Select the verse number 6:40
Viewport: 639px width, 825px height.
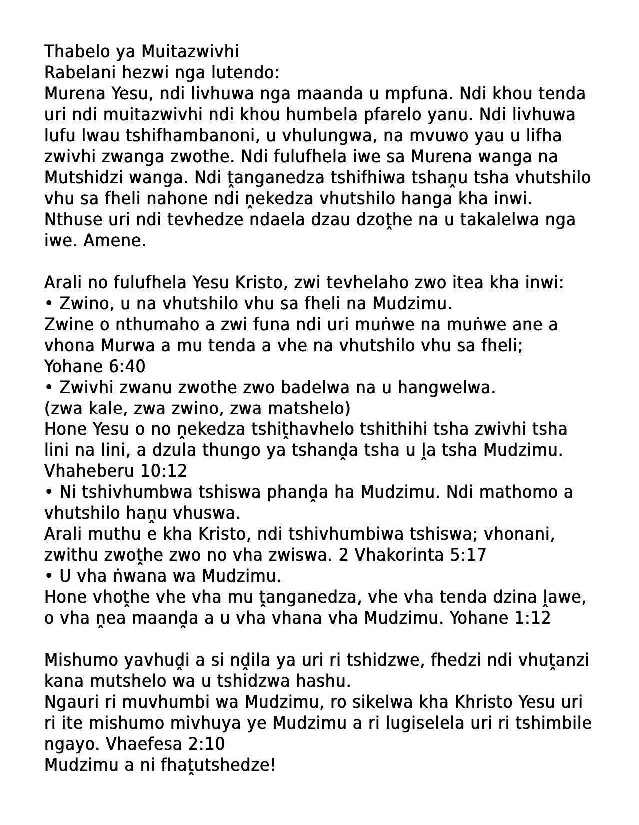tap(126, 367)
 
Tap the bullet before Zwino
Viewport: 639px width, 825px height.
tap(49, 304)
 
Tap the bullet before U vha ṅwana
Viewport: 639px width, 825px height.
tap(49, 576)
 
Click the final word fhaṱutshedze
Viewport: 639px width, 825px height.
tap(218, 765)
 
